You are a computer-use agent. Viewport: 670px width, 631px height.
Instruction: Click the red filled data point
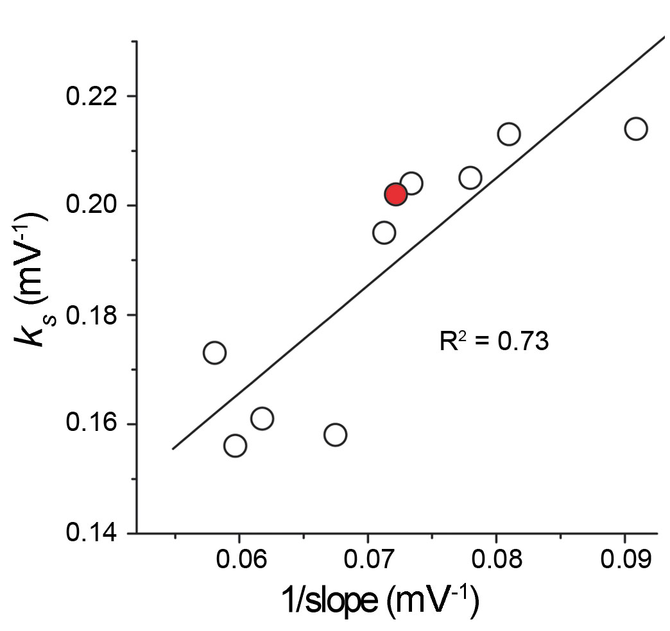pyautogui.click(x=395, y=194)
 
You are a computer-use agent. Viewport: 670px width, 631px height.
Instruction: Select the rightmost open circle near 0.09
pyautogui.click(x=635, y=128)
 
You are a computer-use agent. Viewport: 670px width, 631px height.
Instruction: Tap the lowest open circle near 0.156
pyautogui.click(x=235, y=445)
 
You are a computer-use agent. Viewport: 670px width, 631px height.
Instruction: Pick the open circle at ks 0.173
pyautogui.click(x=214, y=353)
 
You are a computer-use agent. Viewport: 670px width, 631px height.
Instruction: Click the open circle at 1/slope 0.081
pyautogui.click(x=508, y=134)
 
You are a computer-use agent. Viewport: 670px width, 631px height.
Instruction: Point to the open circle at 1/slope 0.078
pyautogui.click(x=470, y=178)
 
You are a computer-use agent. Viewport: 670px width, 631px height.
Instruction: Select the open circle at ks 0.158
pyautogui.click(x=335, y=435)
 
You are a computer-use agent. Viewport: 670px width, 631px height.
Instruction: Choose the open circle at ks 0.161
pyautogui.click(x=262, y=419)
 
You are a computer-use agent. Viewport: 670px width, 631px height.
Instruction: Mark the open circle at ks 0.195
pyautogui.click(x=384, y=233)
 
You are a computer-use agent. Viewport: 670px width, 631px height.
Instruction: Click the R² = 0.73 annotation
pyautogui.click(x=494, y=342)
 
